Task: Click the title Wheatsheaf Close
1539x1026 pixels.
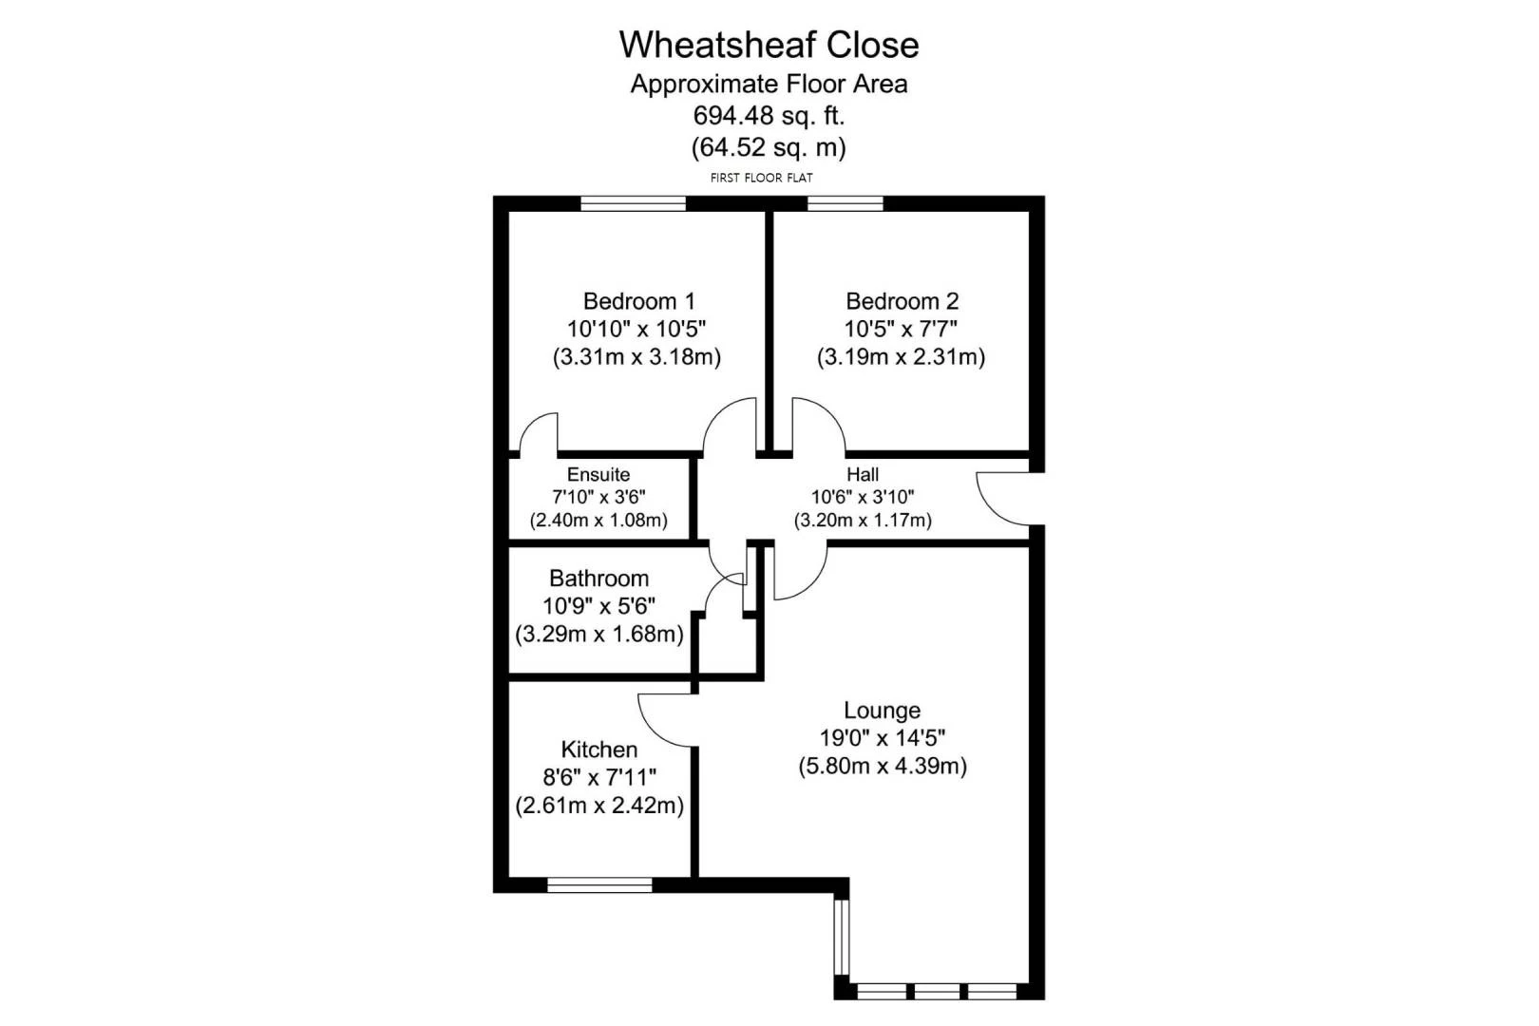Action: point(769,45)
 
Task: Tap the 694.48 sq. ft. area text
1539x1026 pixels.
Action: point(769,116)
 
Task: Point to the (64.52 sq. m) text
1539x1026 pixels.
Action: point(769,147)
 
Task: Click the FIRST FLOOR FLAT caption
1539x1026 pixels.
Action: point(761,178)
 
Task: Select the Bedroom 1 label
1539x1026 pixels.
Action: point(638,301)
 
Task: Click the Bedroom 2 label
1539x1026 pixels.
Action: point(902,301)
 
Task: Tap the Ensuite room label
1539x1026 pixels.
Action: point(598,474)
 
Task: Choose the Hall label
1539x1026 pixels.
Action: point(863,474)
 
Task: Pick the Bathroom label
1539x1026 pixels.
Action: point(598,579)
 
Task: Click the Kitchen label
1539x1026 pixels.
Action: point(598,750)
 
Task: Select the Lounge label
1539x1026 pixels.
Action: point(882,711)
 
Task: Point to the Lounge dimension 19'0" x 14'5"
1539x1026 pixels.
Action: point(882,737)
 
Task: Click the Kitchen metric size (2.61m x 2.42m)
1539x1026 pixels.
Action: point(598,806)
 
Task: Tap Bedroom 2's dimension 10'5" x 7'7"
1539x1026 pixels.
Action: point(901,329)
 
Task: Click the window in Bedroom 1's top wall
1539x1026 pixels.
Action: point(633,202)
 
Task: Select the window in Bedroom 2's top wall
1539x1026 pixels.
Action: point(845,202)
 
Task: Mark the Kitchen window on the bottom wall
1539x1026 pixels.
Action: point(599,885)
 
